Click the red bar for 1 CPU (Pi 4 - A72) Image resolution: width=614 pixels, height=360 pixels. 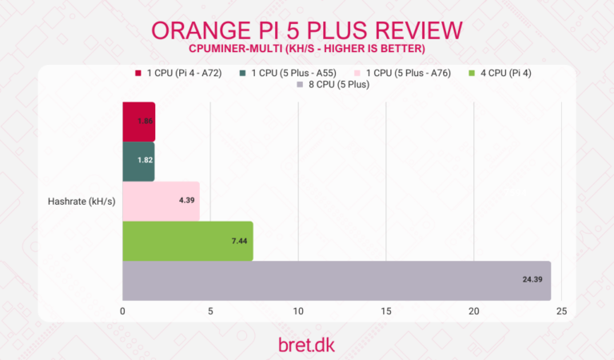[138, 122]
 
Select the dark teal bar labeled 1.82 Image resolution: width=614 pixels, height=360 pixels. [138, 161]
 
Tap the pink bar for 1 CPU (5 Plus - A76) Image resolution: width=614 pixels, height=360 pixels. [161, 201]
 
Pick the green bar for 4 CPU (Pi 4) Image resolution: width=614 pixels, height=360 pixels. [187, 241]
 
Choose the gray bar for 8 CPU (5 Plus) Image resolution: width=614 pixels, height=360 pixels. [337, 281]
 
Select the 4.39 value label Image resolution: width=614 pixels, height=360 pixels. [186, 201]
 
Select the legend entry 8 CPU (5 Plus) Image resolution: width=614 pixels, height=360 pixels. [332, 85]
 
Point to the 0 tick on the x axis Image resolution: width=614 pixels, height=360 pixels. [122, 310]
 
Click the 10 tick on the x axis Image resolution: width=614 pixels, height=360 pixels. [298, 310]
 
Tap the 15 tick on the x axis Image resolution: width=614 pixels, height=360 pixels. [386, 310]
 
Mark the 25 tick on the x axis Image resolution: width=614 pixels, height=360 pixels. [561, 310]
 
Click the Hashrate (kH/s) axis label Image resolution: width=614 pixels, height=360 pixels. [82, 202]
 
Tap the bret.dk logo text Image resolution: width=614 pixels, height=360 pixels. [306, 345]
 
